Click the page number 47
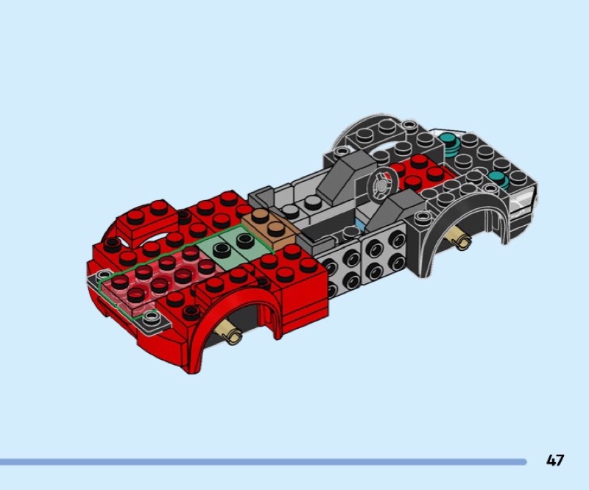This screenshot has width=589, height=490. coord(555,461)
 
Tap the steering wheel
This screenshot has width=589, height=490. coord(382,185)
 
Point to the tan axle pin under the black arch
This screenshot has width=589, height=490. coord(459,239)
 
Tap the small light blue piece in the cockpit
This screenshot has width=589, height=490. coord(361,225)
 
